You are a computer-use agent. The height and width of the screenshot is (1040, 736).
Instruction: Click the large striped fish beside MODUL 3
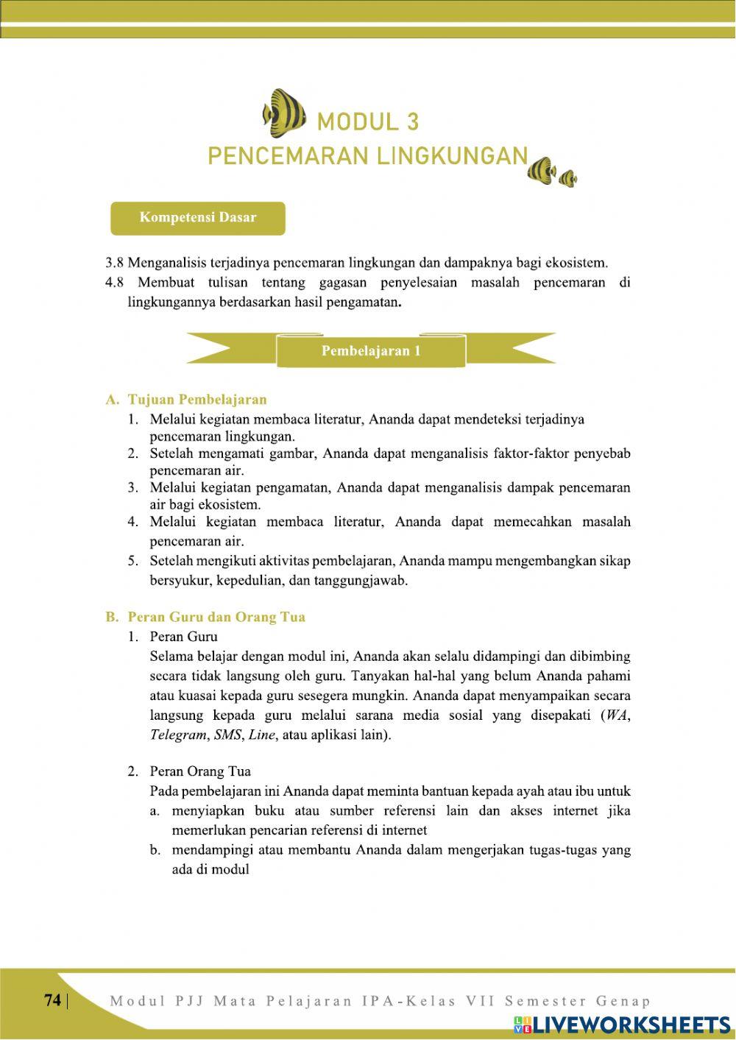tap(284, 113)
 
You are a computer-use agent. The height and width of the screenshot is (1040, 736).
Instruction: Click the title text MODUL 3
tap(367, 121)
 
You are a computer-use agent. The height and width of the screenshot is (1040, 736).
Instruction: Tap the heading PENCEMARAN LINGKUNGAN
tap(367, 156)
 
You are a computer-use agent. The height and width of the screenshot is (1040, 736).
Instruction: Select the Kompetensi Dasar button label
tap(197, 218)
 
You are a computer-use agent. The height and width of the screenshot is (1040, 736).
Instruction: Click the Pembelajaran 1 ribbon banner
tap(371, 350)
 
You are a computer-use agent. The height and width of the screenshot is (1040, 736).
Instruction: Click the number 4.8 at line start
tap(115, 283)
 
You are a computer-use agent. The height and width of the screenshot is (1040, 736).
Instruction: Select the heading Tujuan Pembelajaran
tap(197, 400)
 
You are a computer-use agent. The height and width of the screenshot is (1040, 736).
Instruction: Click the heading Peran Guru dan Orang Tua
tap(216, 617)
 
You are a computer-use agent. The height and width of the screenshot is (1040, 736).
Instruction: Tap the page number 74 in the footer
tap(52, 1000)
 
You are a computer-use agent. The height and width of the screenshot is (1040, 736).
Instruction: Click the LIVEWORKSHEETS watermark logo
tap(622, 1025)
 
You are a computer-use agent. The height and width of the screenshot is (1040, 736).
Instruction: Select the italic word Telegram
tap(177, 735)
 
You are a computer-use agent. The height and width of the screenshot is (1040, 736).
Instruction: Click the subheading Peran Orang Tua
tap(199, 771)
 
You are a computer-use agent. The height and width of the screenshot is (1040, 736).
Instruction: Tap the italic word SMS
tap(227, 735)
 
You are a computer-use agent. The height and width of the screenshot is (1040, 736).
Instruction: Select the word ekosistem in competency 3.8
tap(577, 262)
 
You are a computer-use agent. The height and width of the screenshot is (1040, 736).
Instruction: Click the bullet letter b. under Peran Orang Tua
tap(155, 850)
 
